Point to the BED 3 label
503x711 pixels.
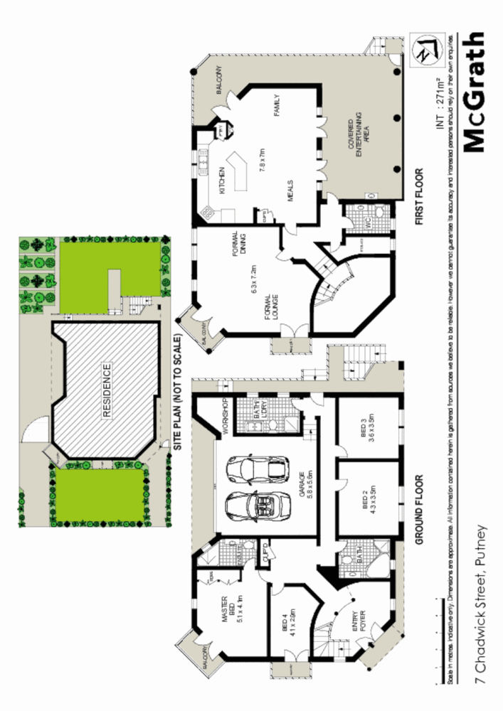tap(367, 428)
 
